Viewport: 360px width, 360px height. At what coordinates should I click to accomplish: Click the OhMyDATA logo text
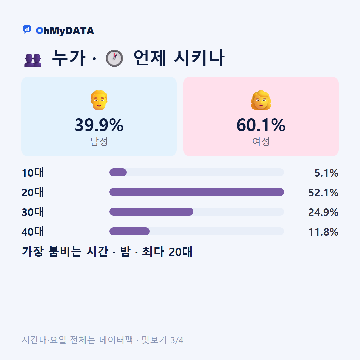tap(65, 31)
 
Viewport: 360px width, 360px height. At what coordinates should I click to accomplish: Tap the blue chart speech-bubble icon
tap(27, 29)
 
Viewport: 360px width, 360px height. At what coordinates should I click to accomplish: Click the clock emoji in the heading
tap(114, 58)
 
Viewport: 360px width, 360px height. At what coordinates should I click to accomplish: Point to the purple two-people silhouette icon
tap(33, 60)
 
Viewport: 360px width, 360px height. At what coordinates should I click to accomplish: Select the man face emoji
tap(99, 100)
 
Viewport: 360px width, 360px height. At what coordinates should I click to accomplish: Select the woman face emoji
tap(261, 100)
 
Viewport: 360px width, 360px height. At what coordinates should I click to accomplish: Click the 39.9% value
tap(99, 125)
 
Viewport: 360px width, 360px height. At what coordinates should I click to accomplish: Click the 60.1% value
tap(261, 125)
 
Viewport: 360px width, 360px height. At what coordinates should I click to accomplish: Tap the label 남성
tap(99, 141)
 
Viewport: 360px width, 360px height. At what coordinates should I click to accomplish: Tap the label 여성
tap(261, 141)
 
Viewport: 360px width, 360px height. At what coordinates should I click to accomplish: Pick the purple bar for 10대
tap(118, 172)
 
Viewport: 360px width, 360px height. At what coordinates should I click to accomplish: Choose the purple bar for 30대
tap(151, 212)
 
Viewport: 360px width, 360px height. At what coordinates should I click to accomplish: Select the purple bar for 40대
tap(129, 231)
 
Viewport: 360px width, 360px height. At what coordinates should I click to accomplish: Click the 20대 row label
tap(33, 192)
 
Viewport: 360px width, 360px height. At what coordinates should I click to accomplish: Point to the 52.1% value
tap(323, 193)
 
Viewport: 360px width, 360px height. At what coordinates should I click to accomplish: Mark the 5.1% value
tap(326, 173)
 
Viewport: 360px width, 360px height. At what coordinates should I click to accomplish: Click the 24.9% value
tap(323, 212)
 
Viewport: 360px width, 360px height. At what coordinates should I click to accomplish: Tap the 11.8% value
tap(323, 232)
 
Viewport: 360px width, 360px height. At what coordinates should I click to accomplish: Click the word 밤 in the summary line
tap(125, 252)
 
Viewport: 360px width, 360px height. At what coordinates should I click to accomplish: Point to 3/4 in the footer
tap(177, 340)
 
